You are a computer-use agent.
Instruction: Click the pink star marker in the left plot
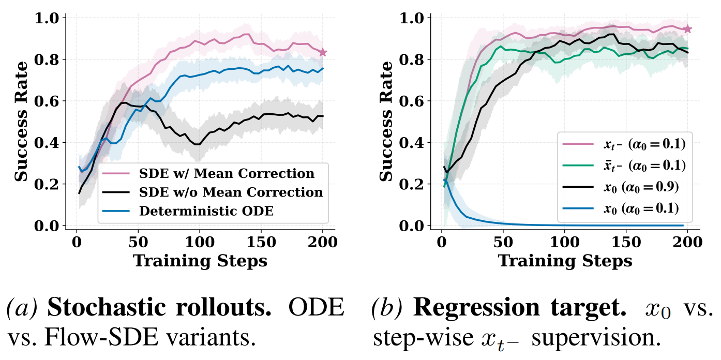point(323,52)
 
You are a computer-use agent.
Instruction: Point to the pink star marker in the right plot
point(687,29)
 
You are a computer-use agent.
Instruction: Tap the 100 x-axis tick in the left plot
point(200,242)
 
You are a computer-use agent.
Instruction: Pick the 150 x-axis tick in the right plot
point(626,242)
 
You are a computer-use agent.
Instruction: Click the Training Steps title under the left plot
point(200,261)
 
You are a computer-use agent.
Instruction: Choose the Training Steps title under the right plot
point(565,261)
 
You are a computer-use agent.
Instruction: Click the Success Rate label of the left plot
point(21,122)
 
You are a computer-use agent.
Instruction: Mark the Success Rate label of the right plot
point(386,122)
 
